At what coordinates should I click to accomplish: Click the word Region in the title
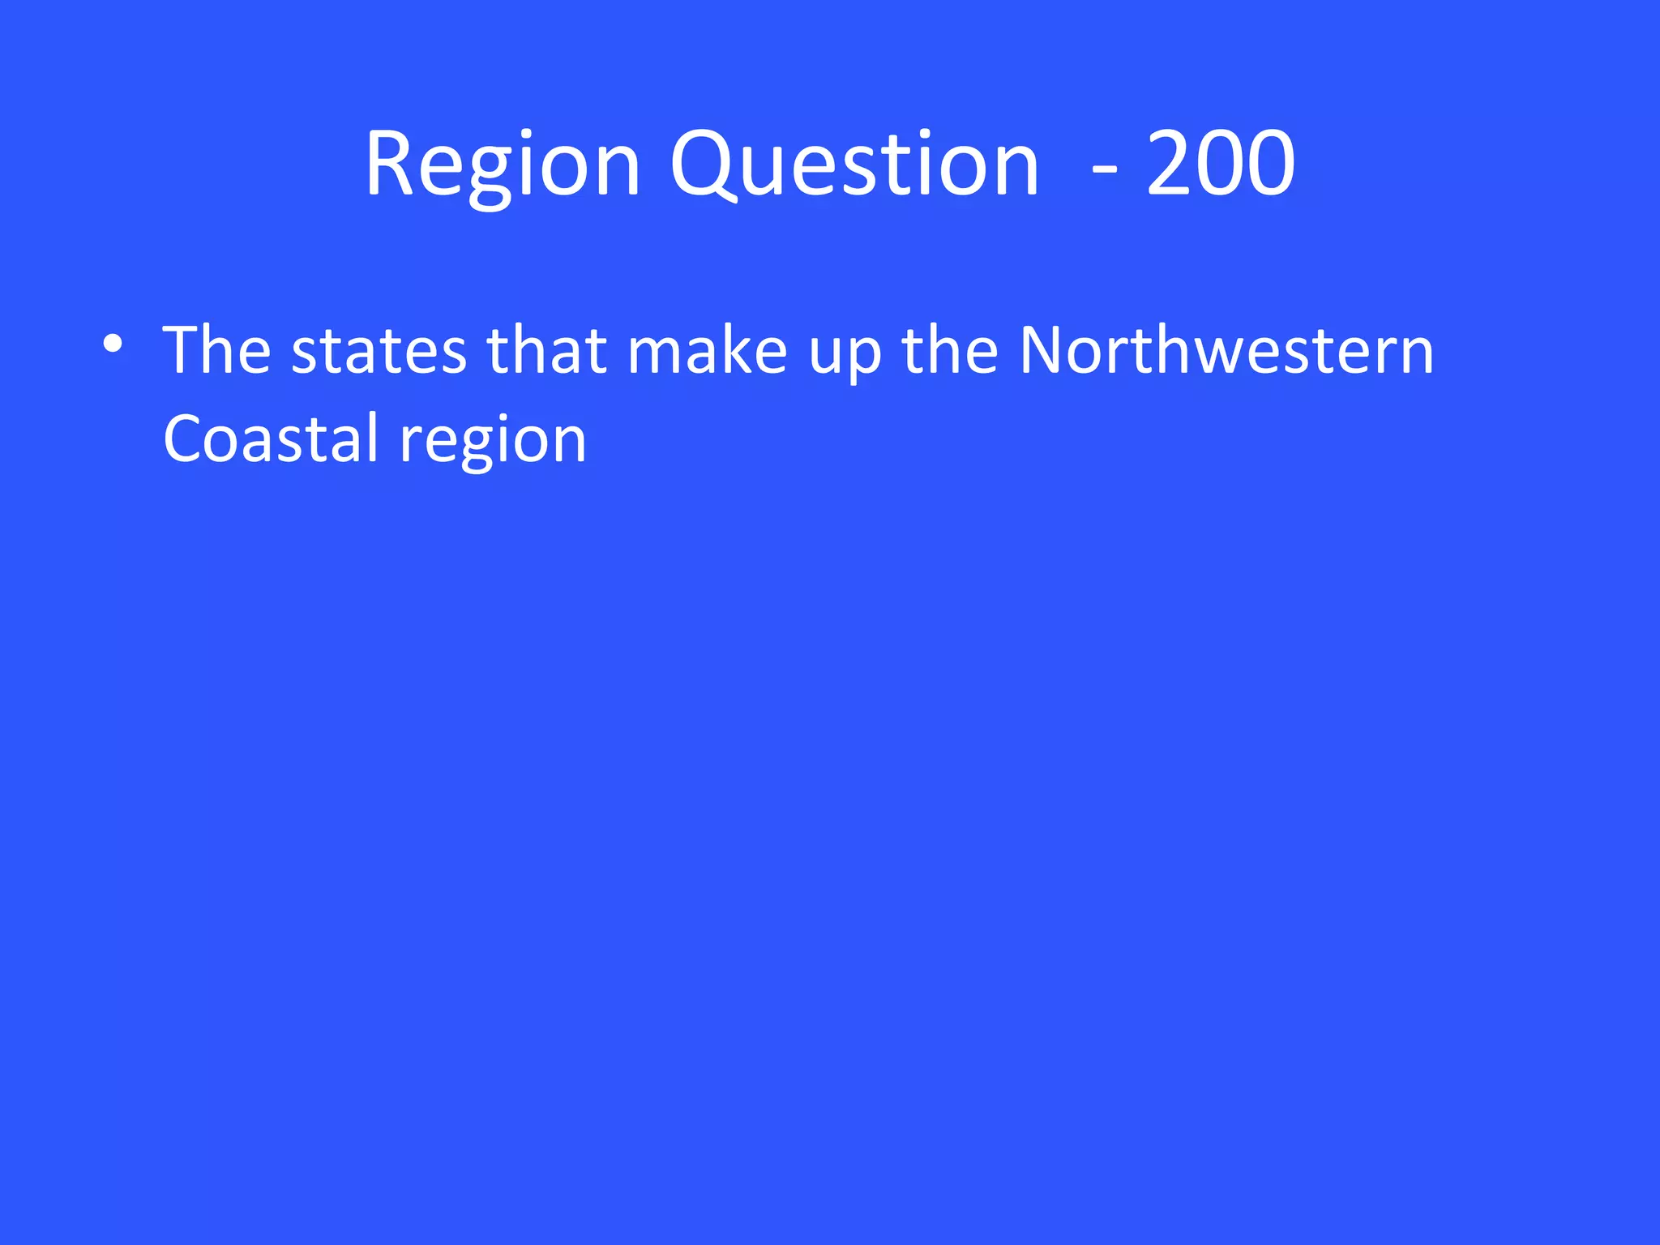click(x=503, y=166)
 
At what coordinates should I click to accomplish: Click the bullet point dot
click(x=113, y=344)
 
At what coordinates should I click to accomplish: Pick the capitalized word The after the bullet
click(x=216, y=350)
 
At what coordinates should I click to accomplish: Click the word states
click(x=379, y=352)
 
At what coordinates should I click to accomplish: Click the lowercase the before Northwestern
click(x=950, y=350)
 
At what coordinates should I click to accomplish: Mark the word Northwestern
click(x=1226, y=350)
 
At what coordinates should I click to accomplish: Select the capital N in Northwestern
click(x=1041, y=350)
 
